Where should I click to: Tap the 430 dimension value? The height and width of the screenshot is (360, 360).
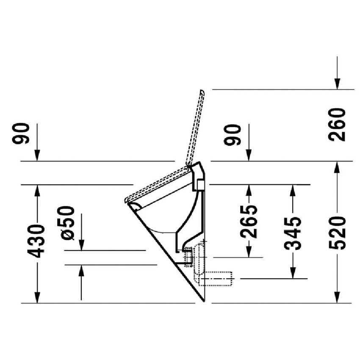[x=37, y=241]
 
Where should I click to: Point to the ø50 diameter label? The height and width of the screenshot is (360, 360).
[x=68, y=223]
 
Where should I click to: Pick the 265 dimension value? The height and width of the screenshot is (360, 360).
[x=249, y=222]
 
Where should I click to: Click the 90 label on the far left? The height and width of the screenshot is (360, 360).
[x=21, y=133]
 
